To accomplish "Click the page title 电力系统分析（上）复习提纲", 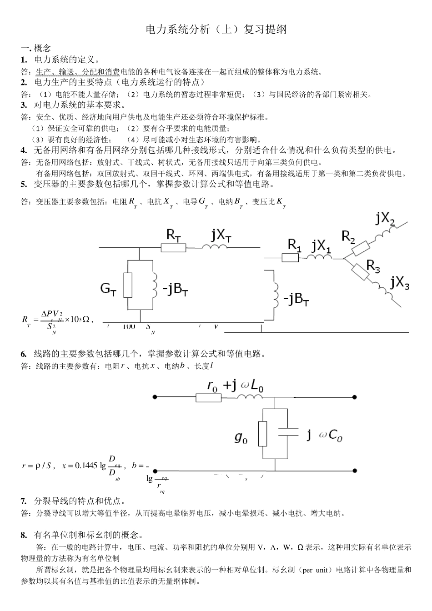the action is pyautogui.click(x=216, y=30).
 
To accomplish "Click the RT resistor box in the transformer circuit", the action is pyautogui.click(x=173, y=247).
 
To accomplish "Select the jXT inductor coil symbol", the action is pyautogui.click(x=215, y=247).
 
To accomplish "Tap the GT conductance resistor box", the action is pyautogui.click(x=128, y=285).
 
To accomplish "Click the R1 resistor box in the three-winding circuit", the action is pyautogui.click(x=290, y=258).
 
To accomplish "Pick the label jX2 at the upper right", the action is pyautogui.click(x=386, y=219).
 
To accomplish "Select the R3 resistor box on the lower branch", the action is pyautogui.click(x=360, y=271).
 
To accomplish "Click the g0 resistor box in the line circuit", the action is pyautogui.click(x=262, y=433).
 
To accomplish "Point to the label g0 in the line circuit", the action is pyautogui.click(x=241, y=437).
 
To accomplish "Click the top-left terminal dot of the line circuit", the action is pyautogui.click(x=155, y=397).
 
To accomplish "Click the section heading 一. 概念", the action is pyautogui.click(x=36, y=48).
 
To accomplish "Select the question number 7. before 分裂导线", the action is pyautogui.click(x=24, y=501).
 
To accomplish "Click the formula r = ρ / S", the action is pyautogui.click(x=38, y=466).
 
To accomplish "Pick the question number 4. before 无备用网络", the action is pyautogui.click(x=24, y=150).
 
